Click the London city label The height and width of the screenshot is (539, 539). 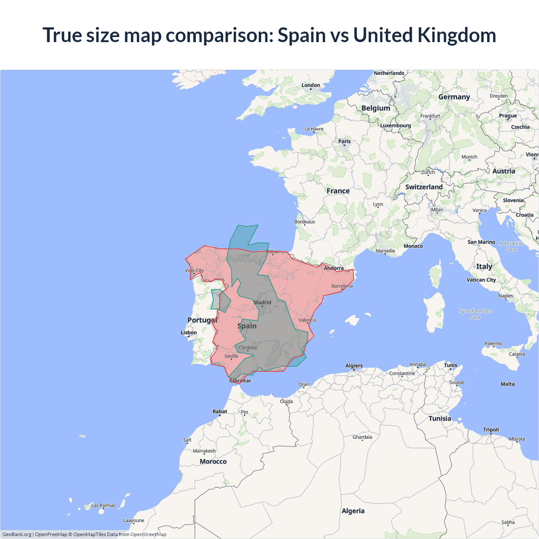click(x=311, y=85)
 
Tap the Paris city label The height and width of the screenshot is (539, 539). click(x=344, y=141)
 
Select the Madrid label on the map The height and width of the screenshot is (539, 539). click(x=262, y=302)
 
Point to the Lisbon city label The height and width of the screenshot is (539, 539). click(x=189, y=333)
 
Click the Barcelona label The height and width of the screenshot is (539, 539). click(x=342, y=286)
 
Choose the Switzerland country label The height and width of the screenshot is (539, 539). click(x=424, y=187)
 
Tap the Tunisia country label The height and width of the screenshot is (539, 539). click(x=440, y=419)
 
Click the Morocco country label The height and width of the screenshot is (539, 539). click(x=213, y=462)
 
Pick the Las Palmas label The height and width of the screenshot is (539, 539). click(x=103, y=505)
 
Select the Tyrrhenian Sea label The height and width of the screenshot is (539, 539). click(x=475, y=314)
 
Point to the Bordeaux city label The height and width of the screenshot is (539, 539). click(x=305, y=222)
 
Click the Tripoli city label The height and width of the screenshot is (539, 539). click(x=491, y=430)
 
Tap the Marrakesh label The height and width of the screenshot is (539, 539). click(x=204, y=451)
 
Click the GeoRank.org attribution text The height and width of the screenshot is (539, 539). click(x=17, y=534)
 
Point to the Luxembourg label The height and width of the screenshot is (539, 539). click(x=395, y=125)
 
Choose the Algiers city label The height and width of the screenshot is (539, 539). click(x=354, y=366)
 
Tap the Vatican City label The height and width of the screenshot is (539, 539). click(x=481, y=280)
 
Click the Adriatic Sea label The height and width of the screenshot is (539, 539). click(x=511, y=246)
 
